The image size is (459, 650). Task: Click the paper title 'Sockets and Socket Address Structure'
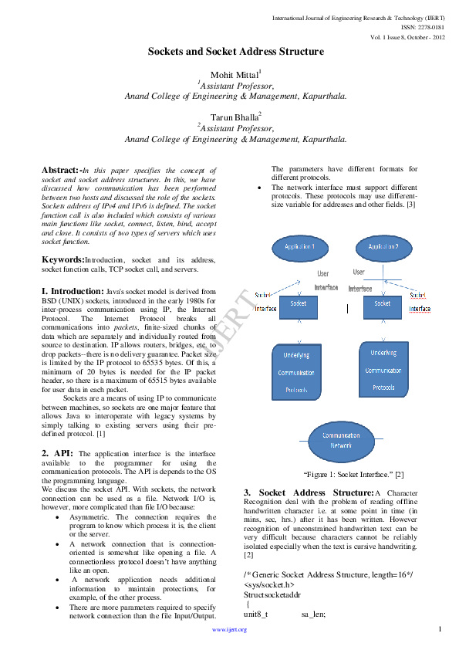pos(235,52)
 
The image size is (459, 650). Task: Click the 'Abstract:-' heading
pos(61,170)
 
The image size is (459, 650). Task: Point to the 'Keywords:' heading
pos(62,260)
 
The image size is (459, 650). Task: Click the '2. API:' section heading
pos(58,453)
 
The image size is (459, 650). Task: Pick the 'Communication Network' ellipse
pos(341,440)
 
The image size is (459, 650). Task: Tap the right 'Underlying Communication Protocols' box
pos(383,371)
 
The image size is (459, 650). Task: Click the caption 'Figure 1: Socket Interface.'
pos(343,473)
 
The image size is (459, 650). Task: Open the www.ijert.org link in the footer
pos(229,630)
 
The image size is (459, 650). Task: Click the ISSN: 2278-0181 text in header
pos(424,27)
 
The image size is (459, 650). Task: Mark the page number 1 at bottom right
pos(438,629)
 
